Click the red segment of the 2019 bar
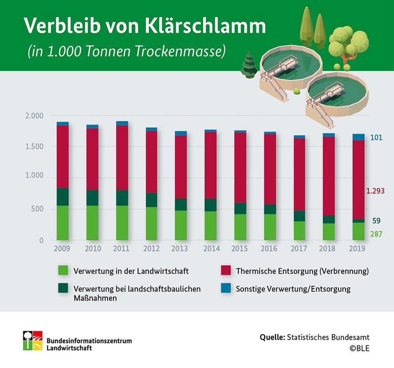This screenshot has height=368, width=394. coord(359,180)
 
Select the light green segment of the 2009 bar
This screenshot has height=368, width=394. coord(63,223)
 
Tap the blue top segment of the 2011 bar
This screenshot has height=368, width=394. coord(122,123)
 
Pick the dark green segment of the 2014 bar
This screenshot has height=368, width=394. coord(211,205)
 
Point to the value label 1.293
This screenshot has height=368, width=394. coord(376,191)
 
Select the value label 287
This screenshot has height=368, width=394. coord(376,235)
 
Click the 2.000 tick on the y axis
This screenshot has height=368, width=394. coord(34,116)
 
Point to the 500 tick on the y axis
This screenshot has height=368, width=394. coord(38,209)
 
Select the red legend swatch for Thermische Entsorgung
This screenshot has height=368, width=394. coord(225,271)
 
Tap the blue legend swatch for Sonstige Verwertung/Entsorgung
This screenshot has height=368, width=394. coord(225,289)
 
